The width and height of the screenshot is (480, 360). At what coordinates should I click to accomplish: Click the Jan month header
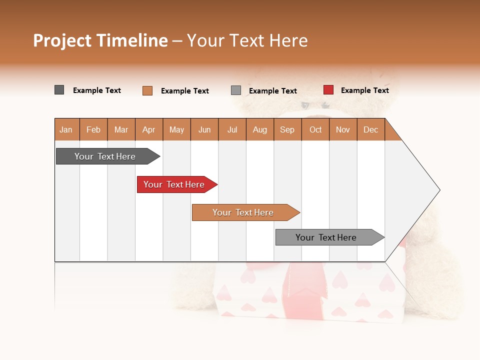click(x=66, y=129)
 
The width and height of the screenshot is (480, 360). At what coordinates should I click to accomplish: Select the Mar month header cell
click(x=121, y=129)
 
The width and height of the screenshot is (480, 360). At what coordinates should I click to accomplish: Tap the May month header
click(x=176, y=129)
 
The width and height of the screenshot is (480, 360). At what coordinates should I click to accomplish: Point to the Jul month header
click(x=232, y=129)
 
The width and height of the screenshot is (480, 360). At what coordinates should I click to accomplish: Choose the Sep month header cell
click(x=287, y=129)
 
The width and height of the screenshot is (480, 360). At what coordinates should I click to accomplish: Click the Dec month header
click(x=370, y=129)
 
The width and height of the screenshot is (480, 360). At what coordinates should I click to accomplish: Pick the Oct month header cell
click(x=315, y=129)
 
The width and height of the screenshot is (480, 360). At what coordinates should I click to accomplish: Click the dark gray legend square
click(x=59, y=90)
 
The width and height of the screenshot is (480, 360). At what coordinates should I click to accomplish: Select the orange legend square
click(x=147, y=90)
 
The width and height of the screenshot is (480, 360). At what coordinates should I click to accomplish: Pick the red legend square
click(x=328, y=90)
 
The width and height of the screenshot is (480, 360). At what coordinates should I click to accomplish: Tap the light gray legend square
click(x=236, y=90)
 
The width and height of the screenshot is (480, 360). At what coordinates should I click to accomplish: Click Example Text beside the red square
click(x=364, y=90)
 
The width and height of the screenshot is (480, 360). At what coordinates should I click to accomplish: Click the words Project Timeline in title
click(x=100, y=40)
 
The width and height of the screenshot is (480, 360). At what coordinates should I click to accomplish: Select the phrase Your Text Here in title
click(x=247, y=40)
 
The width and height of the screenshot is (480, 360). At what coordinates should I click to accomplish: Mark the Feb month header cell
click(x=93, y=129)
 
